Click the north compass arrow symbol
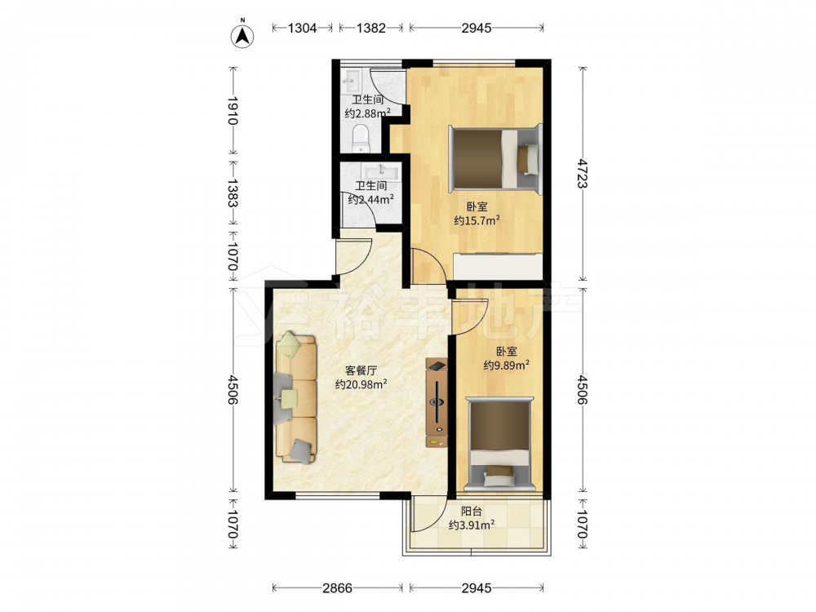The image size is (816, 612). pos(242,35)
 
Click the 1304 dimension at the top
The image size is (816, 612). pos(303,28)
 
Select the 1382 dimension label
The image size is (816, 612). pos(371,28)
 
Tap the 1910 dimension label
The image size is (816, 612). pos(233,110)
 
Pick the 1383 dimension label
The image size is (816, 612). pos(233,193)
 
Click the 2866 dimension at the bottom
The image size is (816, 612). pos(337,588)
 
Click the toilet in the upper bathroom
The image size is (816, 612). pos(361,139)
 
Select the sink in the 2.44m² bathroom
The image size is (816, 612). pos(382,171)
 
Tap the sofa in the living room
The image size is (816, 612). pos(295,398)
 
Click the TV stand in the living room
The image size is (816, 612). pos(436,402)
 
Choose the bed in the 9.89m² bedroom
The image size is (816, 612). pos(499,444)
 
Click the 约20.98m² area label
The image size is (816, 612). pos(361,384)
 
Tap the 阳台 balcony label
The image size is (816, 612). pos(472,512)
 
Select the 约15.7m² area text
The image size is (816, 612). pos(477,220)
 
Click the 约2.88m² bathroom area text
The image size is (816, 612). pos(368,113)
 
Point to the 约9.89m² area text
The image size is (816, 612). pos(507,366)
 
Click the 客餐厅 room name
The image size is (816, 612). pos(361,370)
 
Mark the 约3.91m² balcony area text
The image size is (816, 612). pos(472,526)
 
